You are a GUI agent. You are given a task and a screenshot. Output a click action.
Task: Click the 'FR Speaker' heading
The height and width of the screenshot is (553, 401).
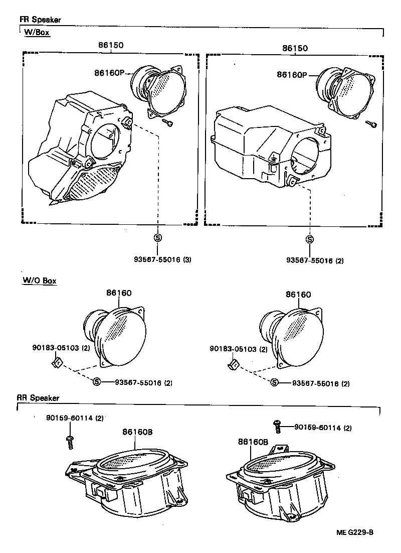(40, 20)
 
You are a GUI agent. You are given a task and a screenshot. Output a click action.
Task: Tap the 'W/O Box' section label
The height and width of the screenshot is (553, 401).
(39, 281)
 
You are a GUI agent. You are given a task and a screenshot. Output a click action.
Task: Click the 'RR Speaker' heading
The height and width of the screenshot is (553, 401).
(38, 398)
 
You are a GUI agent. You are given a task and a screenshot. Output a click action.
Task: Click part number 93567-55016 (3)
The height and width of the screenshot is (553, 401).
(162, 260)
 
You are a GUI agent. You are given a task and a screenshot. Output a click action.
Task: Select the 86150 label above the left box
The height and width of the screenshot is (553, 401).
(111, 45)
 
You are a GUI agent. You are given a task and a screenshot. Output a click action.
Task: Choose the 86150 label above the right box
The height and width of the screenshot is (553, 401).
(295, 48)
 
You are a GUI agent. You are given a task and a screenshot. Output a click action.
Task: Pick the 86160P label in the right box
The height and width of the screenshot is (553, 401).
(291, 75)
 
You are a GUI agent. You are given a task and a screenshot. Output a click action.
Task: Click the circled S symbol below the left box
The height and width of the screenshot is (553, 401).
(157, 238)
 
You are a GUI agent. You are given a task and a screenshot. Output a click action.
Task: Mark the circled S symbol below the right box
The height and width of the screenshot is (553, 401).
(310, 239)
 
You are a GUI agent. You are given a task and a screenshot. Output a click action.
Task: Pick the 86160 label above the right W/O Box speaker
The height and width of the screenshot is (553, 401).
(299, 295)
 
